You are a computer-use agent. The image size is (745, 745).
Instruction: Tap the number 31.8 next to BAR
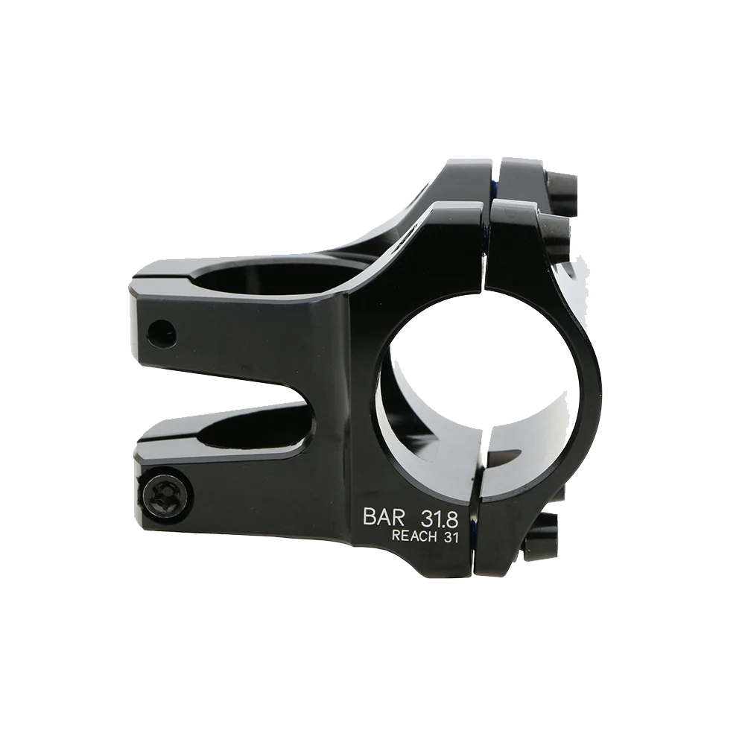pos(439,519)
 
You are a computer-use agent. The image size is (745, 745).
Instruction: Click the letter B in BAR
pos(369,517)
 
